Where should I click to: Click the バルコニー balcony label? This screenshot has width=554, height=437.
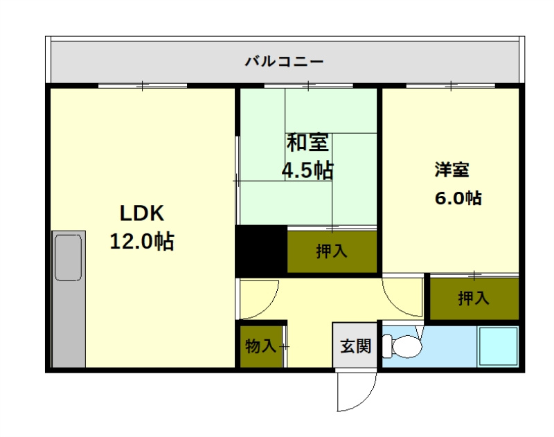click(x=284, y=62)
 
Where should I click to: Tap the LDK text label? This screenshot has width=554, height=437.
click(x=142, y=212)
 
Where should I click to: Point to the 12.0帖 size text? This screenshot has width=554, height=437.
click(x=142, y=241)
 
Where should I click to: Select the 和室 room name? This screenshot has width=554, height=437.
click(x=307, y=143)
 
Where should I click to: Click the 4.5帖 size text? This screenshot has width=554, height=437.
click(x=307, y=169)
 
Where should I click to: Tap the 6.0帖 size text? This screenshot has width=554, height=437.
click(x=458, y=197)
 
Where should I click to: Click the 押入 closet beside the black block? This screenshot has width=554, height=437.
click(x=332, y=251)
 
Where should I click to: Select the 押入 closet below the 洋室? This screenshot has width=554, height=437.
click(x=474, y=298)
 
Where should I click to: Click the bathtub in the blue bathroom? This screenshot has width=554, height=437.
click(x=498, y=346)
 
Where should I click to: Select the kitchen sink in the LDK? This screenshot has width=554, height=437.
click(x=69, y=258)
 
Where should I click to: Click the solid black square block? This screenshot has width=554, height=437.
click(x=261, y=250)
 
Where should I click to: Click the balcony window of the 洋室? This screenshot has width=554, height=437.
click(x=451, y=86)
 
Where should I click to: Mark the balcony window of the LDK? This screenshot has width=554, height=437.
click(x=142, y=86)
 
